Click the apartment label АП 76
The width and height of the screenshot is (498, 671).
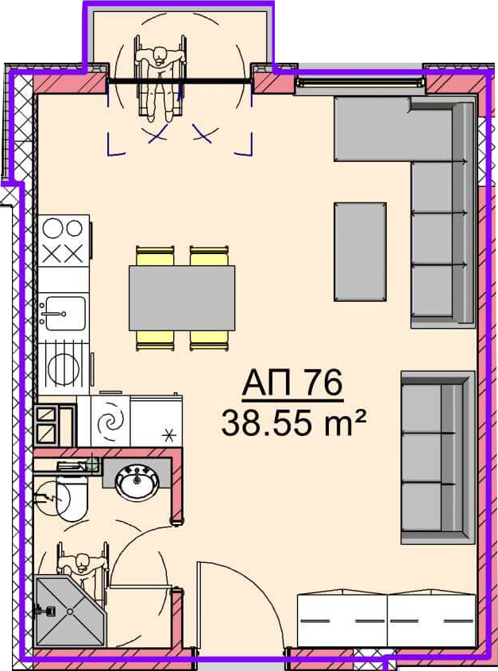pos(292,384)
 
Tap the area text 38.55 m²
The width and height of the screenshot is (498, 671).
pos(293,422)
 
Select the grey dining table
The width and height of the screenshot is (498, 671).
pos(182,298)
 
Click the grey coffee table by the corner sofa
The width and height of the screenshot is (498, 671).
pos(360,252)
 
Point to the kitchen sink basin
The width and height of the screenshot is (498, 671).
pos(65,313)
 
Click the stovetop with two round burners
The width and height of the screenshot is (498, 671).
pos(64,240)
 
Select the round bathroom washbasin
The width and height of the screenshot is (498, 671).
pos(138,482)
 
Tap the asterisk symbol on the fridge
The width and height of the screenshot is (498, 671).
pos(170,436)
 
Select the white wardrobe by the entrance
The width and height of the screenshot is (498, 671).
pos(387,620)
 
